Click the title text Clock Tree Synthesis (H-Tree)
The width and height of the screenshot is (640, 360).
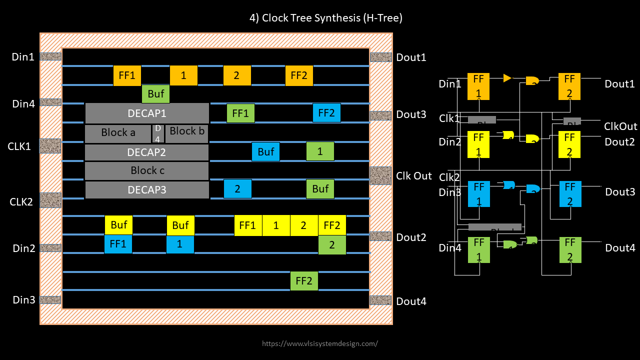tap(325, 18)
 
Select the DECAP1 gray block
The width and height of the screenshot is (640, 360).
tap(147, 113)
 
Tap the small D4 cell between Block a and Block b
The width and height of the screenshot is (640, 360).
tap(157, 133)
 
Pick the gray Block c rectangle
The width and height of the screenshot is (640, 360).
tap(147, 170)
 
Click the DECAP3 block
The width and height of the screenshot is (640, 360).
tap(147, 189)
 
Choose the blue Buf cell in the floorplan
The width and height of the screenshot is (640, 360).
tap(265, 151)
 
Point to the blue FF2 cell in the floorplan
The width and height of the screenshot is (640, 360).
tap(326, 113)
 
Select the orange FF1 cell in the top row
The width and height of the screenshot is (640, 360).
tap(127, 75)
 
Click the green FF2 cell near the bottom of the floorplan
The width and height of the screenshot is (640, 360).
tap(304, 280)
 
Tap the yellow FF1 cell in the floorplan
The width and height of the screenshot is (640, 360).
tap(247, 225)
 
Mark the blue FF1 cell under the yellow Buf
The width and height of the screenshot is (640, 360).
tap(118, 244)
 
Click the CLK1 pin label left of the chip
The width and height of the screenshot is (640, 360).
tap(19, 146)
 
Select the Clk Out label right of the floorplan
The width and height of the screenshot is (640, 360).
tap(413, 176)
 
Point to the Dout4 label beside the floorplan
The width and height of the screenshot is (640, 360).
tap(411, 301)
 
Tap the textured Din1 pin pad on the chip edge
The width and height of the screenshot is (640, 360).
tap(50, 56)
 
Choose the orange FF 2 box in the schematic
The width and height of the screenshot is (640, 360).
tap(569, 86)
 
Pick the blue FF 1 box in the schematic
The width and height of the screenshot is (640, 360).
tap(479, 193)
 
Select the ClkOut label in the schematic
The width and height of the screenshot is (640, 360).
tap(620, 126)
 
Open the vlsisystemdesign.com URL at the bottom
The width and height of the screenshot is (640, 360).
tap(320, 343)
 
